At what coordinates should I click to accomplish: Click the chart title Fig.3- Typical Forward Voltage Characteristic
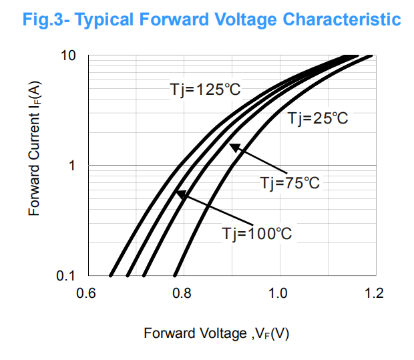click(x=212, y=19)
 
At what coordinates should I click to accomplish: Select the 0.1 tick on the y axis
click(x=66, y=275)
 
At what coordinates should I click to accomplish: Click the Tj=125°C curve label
click(x=203, y=89)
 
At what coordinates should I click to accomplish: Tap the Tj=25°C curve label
click(x=318, y=119)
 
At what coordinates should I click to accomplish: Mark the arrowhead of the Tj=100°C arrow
click(x=178, y=194)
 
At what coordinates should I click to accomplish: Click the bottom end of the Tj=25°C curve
click(x=175, y=275)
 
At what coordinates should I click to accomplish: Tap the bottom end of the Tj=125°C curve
click(x=111, y=275)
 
